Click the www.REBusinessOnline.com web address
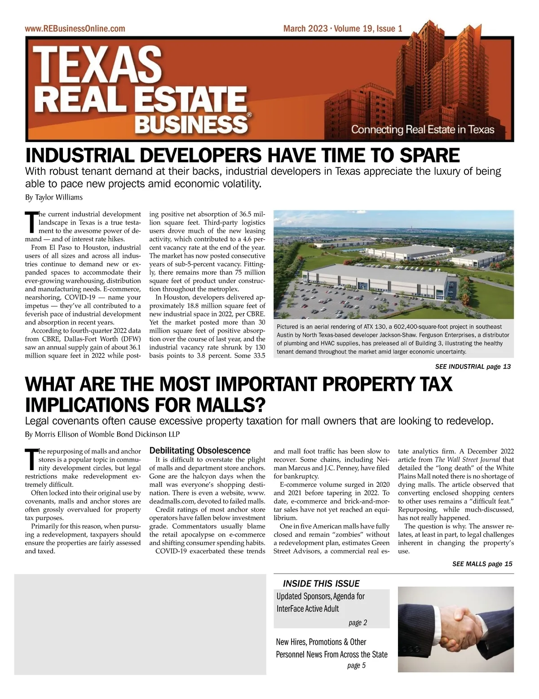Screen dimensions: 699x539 pyautogui.click(x=75, y=29)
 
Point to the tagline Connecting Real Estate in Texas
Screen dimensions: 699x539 pyautogui.click(x=422, y=130)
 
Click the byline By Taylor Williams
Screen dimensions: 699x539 pyautogui.click(x=53, y=197)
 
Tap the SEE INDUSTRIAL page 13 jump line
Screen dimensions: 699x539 pyautogui.click(x=473, y=366)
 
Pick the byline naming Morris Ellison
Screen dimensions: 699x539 pyautogui.click(x=102, y=435)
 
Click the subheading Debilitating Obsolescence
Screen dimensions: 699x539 pyautogui.click(x=199, y=450)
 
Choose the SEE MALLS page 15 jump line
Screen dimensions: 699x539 pyautogui.click(x=482, y=564)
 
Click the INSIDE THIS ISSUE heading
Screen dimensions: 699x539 pyautogui.click(x=321, y=583)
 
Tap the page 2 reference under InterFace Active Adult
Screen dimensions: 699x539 pyautogui.click(x=358, y=623)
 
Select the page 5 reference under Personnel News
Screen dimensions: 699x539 pyautogui.click(x=356, y=665)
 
